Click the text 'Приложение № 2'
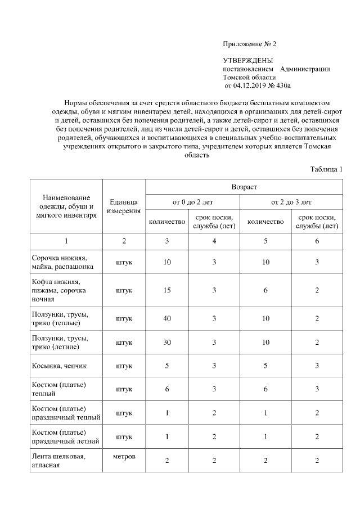(250, 43)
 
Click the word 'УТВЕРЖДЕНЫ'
(248, 60)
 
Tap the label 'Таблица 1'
(326, 169)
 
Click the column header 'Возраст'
(244, 186)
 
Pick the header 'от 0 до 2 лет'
(192, 201)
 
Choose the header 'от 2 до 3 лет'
(291, 201)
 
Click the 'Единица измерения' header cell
(124, 206)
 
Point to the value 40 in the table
(166, 318)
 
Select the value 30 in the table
(166, 343)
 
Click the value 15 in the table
(166, 290)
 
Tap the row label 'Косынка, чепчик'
(59, 366)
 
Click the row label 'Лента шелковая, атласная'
(58, 461)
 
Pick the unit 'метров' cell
(124, 456)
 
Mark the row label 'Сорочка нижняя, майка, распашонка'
(62, 262)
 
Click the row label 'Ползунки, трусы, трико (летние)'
(60, 343)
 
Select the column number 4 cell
(214, 241)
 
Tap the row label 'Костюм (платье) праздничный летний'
(66, 436)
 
